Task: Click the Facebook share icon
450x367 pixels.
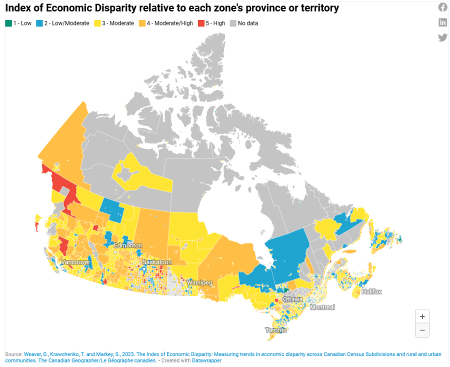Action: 442,7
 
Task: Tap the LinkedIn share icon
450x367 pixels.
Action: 442,22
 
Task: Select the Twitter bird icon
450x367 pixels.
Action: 442,37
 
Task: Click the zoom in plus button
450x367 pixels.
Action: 422,316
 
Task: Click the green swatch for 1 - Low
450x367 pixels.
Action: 8,23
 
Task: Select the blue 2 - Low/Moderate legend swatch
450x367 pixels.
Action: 39,23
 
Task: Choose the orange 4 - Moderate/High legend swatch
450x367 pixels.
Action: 142,23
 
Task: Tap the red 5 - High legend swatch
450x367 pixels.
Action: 200,23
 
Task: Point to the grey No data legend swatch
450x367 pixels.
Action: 233,23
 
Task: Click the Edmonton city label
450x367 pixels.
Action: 128,245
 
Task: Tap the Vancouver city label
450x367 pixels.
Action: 75,262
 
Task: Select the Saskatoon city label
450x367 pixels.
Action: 157,262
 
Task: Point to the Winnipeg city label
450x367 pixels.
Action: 199,283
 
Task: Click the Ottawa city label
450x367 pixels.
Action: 292,299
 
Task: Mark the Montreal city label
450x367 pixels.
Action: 322,307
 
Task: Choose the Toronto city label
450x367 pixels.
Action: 276,330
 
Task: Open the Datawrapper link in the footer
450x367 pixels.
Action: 206,360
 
